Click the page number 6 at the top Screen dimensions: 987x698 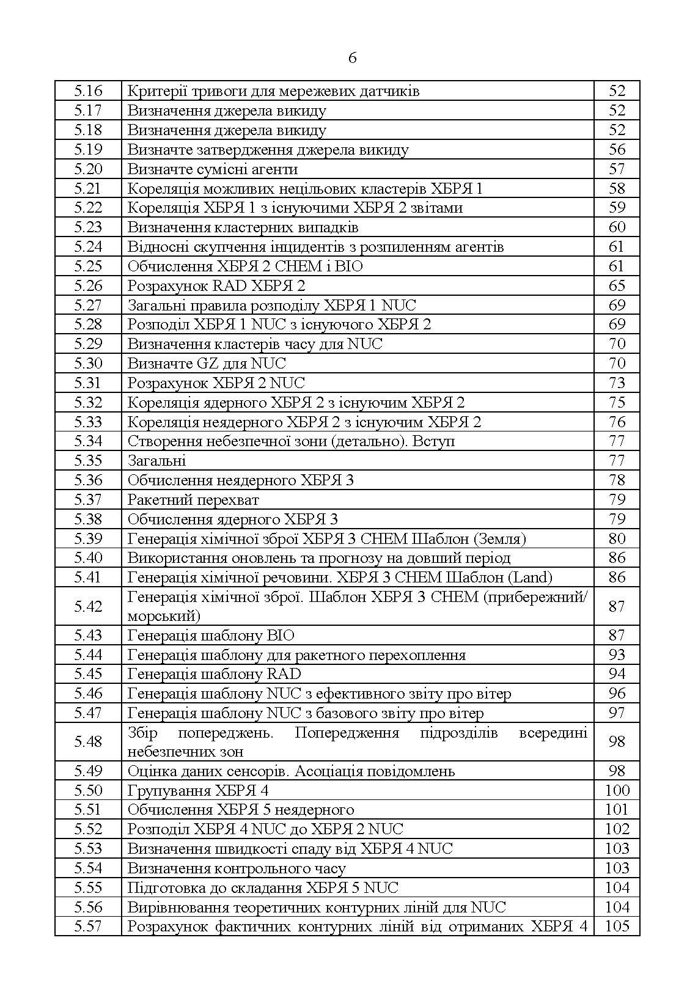352,59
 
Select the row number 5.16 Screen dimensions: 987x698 88,91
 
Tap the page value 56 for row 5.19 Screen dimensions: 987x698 617,150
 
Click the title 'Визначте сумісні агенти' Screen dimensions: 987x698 212,169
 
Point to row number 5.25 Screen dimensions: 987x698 88,266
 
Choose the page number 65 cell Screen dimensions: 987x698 617,286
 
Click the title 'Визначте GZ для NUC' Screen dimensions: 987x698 206,364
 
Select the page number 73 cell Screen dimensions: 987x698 617,383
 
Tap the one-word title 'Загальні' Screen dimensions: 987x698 156,461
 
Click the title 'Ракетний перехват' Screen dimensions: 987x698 193,500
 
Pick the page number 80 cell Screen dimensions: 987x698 617,538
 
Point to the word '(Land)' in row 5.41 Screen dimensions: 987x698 530,578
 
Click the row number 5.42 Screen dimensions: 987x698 88,606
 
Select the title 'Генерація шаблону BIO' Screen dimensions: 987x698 211,636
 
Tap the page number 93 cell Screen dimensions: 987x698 617,655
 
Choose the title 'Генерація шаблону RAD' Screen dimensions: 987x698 214,674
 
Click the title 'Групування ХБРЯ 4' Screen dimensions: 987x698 197,791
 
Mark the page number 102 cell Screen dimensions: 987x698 617,829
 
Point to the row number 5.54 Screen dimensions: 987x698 88,868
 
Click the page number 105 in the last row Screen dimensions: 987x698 617,926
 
